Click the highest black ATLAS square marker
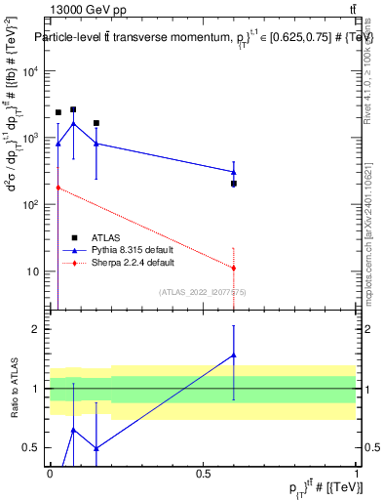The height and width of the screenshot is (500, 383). [x=73, y=110]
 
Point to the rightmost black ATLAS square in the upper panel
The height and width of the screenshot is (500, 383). [x=234, y=184]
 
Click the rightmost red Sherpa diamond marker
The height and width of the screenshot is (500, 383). [x=234, y=268]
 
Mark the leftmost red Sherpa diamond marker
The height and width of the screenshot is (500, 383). [x=57, y=187]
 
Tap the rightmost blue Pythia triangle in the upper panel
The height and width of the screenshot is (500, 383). [x=234, y=172]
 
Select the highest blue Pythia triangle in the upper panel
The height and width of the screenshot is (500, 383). [x=73, y=123]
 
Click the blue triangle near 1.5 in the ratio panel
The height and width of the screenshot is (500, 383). [x=234, y=355]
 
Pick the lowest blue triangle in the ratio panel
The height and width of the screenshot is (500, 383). [x=96, y=448]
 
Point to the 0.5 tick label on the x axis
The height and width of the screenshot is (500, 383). [x=203, y=475]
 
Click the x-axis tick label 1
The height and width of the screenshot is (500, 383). [x=357, y=475]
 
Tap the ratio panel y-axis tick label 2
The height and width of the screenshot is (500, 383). [x=38, y=329]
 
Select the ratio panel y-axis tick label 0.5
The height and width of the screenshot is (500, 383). [x=33, y=448]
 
